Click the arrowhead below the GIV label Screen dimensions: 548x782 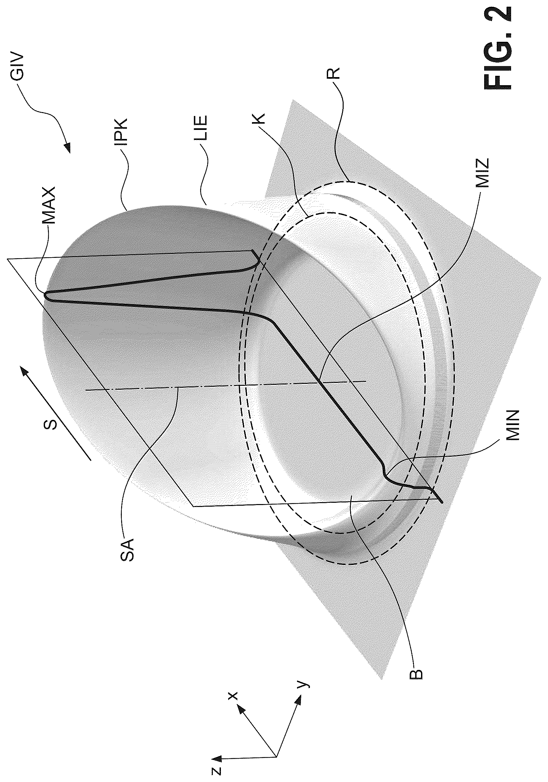coord(67,148)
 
